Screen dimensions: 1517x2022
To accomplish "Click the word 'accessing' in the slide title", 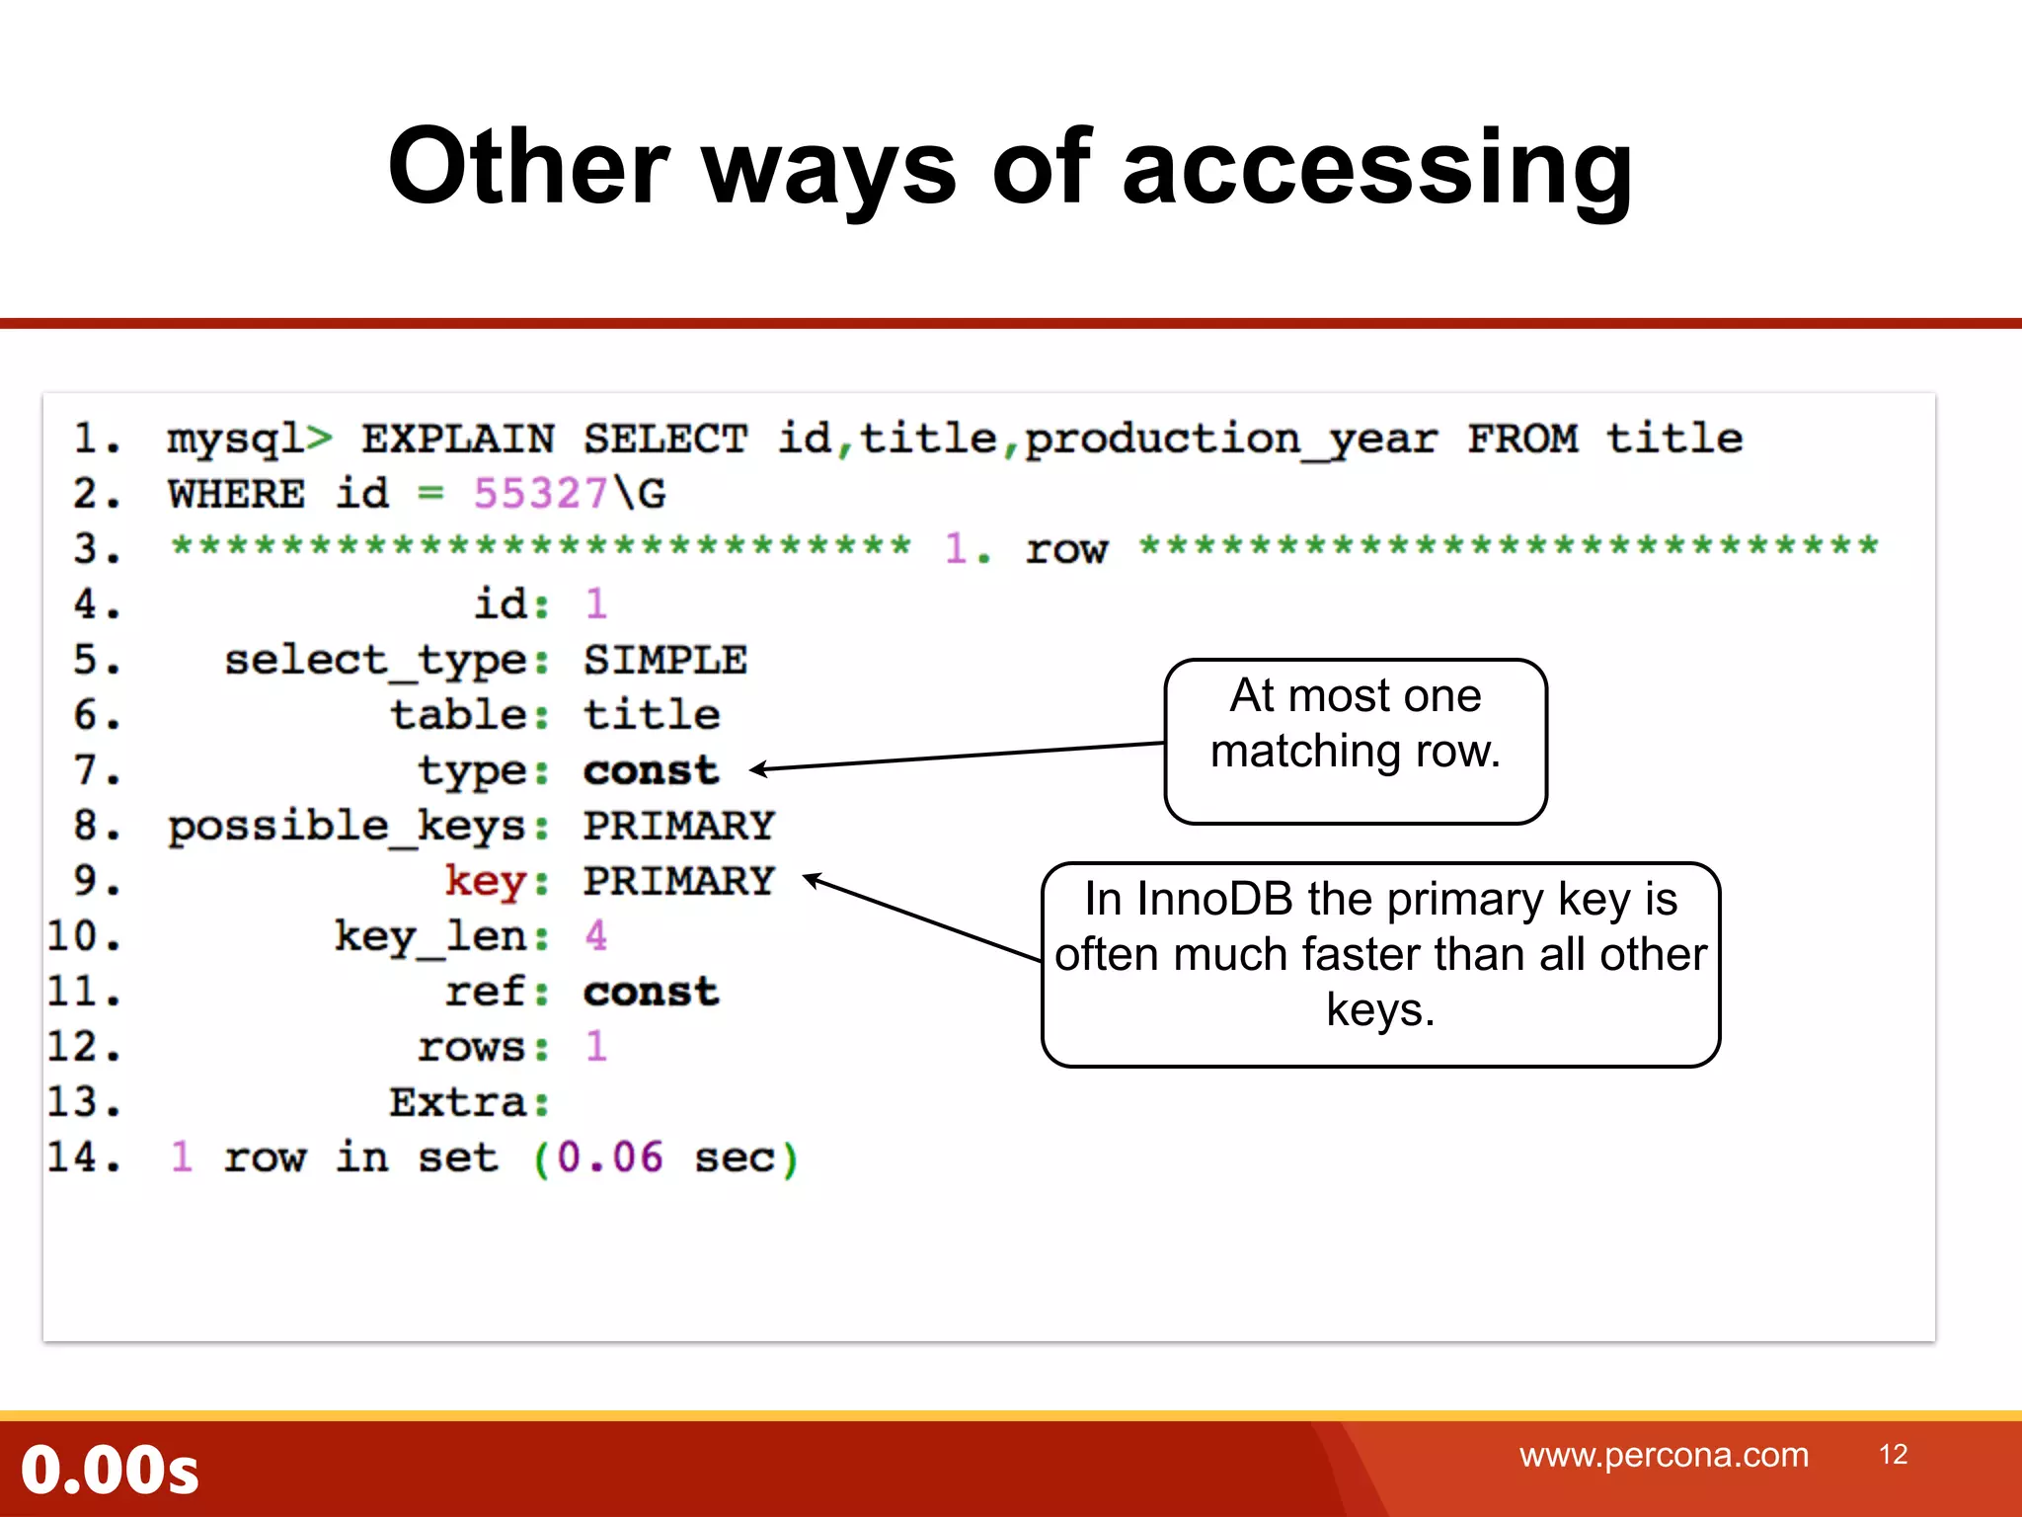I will pyautogui.click(x=1377, y=168).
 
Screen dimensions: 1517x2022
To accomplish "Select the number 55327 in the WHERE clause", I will pyautogui.click(x=540, y=493).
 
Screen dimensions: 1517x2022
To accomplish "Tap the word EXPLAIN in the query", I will pyautogui.click(x=458, y=439).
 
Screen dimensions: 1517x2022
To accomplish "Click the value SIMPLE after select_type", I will pyautogui.click(x=664, y=660).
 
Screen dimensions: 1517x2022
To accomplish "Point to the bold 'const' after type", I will pyautogui.click(x=651, y=770).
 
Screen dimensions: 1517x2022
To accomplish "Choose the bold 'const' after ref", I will pyautogui.click(x=651, y=992).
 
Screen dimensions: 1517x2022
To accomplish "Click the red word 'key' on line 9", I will pyautogui.click(x=485, y=880).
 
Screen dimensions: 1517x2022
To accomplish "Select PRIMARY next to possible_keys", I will pyautogui.click(x=678, y=826).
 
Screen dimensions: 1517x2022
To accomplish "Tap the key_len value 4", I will pyautogui.click(x=595, y=935).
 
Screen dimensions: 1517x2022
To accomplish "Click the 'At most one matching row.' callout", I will pyautogui.click(x=1355, y=741).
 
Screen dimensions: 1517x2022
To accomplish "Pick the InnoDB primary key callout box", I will pyautogui.click(x=1380, y=964).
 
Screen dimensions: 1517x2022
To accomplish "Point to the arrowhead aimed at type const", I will pyautogui.click(x=757, y=769).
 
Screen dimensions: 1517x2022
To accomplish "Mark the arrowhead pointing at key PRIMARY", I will pyautogui.click(x=812, y=878).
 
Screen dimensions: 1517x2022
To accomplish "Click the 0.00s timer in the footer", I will pyautogui.click(x=110, y=1470).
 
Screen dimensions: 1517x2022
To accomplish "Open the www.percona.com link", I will pyautogui.click(x=1664, y=1455).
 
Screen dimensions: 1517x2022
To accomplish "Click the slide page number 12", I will pyautogui.click(x=1893, y=1455).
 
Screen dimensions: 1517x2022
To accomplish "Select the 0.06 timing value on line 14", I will pyautogui.click(x=609, y=1158).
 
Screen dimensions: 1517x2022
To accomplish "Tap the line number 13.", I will pyautogui.click(x=83, y=1102).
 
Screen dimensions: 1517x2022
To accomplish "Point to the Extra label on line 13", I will pyautogui.click(x=458, y=1102).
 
